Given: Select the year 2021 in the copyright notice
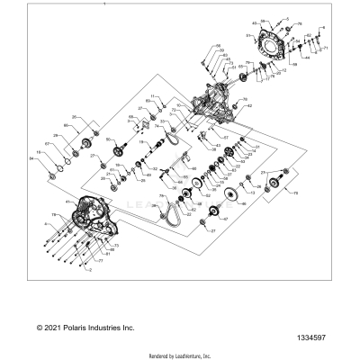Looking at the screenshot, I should pos(57,328).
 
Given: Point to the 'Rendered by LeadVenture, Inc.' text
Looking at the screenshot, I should pos(179,355).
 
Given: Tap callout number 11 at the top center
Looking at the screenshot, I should pos(154,95).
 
